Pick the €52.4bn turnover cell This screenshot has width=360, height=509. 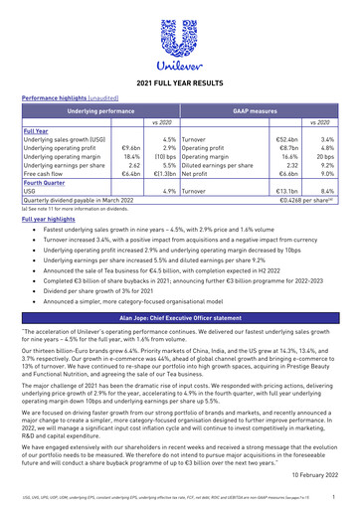(286, 140)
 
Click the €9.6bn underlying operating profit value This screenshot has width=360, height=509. (129, 148)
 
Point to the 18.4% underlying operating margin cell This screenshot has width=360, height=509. (129, 156)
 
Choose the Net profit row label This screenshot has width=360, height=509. (199, 173)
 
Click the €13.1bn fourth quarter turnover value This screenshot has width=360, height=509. (286, 190)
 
